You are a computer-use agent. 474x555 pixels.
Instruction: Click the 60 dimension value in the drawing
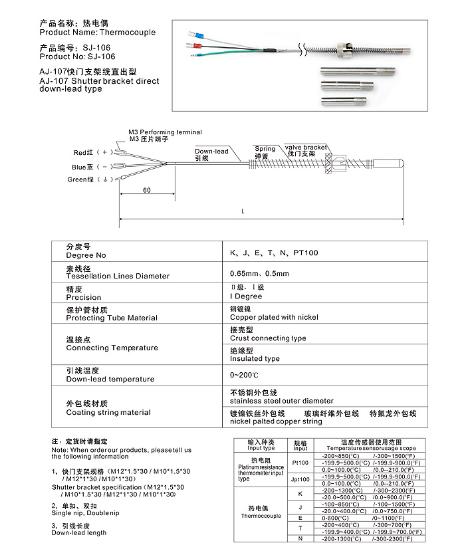pyautogui.click(x=146, y=190)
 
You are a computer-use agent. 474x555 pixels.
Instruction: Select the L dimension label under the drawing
pyautogui.click(x=243, y=211)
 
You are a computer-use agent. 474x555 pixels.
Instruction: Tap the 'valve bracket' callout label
pyautogui.click(x=306, y=147)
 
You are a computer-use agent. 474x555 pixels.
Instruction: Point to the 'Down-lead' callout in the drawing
pyautogui.click(x=211, y=152)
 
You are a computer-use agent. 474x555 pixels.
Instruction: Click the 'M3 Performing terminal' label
pyautogui.click(x=165, y=132)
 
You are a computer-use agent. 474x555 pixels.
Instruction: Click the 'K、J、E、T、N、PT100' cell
pyautogui.click(x=274, y=253)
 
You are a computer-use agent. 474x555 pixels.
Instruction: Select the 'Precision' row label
pyautogui.click(x=84, y=297)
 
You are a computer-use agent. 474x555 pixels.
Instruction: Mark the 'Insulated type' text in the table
pyautogui.click(x=255, y=359)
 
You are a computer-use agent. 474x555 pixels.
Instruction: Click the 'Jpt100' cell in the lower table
pyautogui.click(x=300, y=479)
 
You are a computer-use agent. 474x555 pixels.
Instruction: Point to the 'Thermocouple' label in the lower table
pyautogui.click(x=260, y=516)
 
